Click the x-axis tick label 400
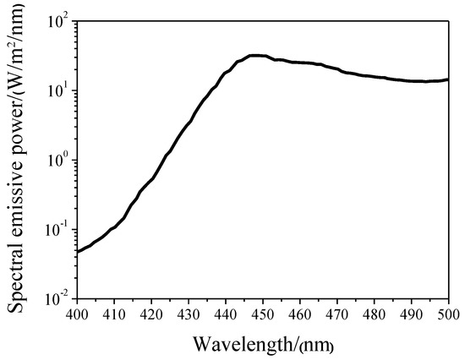coord(77,314)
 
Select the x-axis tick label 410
coord(114,314)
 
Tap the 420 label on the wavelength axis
coord(151,314)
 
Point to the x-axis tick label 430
coord(189,314)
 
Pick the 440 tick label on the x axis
coord(226,314)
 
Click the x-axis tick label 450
coord(263,314)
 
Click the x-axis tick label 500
coord(447,314)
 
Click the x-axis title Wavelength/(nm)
coord(261,345)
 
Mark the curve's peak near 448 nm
coord(256,56)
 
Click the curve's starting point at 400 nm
coord(78,251)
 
